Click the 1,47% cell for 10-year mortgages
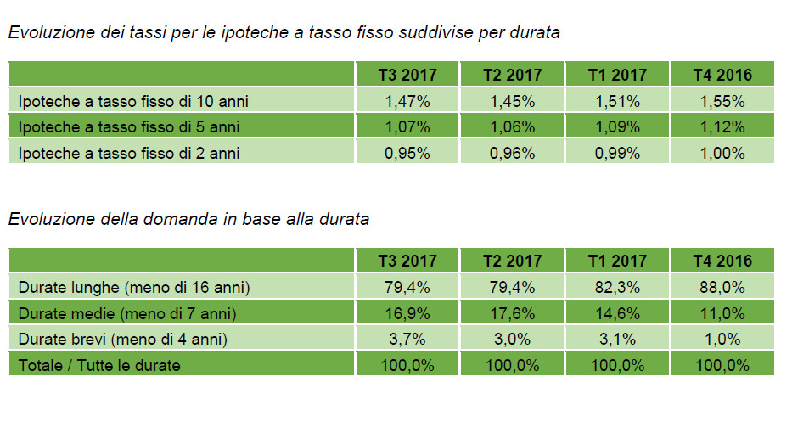click(x=407, y=102)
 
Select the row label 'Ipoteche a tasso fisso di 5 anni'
click(x=128, y=127)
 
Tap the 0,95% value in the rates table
click(x=407, y=154)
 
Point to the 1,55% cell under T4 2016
click(x=722, y=102)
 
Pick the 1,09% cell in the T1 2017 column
click(x=617, y=127)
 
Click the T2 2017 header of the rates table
click(x=512, y=76)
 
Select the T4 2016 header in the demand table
click(x=722, y=261)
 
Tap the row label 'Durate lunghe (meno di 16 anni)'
click(x=134, y=287)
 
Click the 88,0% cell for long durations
click(x=722, y=287)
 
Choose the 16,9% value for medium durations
click(x=407, y=313)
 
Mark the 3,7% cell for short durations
click(x=407, y=340)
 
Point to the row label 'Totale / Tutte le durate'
click(x=99, y=366)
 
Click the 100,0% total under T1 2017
click(x=617, y=366)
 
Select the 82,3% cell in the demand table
click(x=617, y=287)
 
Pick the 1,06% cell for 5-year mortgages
click(x=512, y=127)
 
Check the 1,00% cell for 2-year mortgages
click(x=722, y=154)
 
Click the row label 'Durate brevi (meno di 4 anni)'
click(x=124, y=340)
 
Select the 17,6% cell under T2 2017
click(x=512, y=313)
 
